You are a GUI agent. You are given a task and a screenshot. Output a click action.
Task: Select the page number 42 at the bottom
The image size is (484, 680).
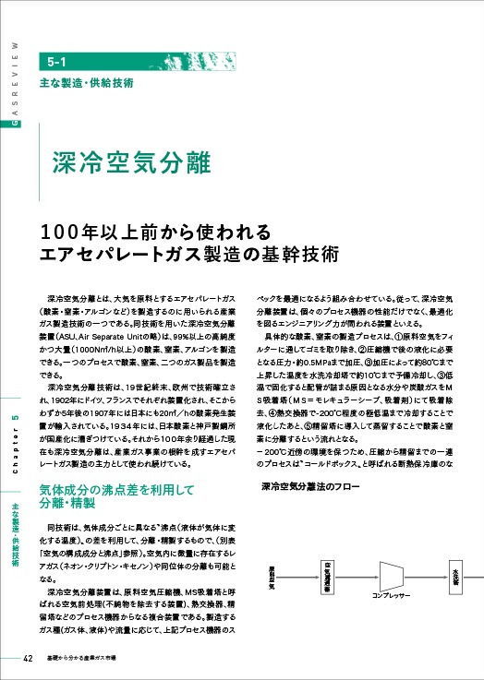pos(27,659)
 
